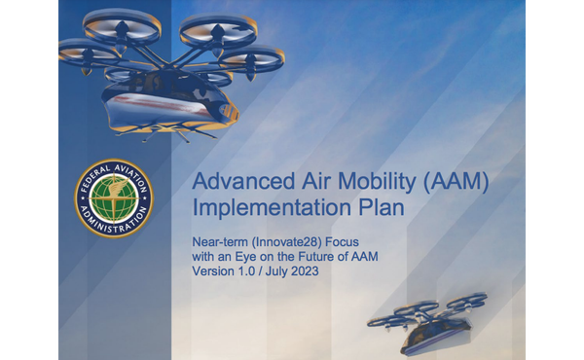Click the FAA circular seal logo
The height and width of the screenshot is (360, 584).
114,199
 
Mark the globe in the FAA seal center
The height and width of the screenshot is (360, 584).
114,198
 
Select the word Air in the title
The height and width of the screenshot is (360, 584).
303,181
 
